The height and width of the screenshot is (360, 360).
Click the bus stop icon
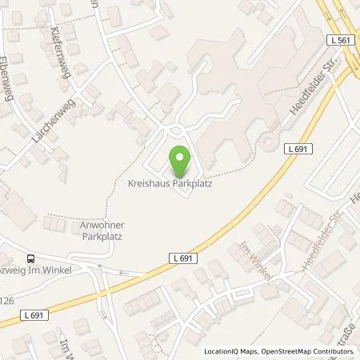[x=30, y=258]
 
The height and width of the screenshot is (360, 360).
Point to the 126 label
[x=6, y=300]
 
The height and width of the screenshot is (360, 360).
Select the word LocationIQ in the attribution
[x=220, y=352]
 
